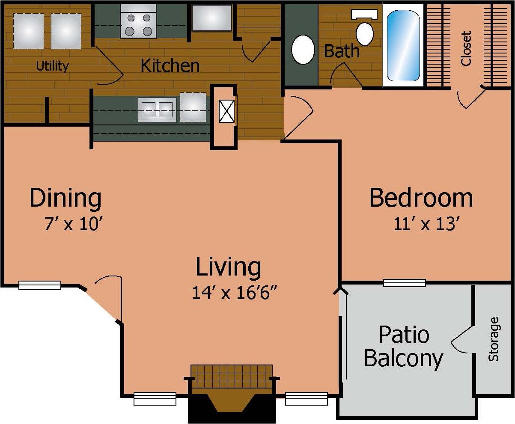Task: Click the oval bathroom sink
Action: click(303, 49)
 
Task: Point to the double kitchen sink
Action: click(157, 110)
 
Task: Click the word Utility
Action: click(52, 66)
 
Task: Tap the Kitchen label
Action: click(170, 65)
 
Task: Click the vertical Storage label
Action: click(494, 338)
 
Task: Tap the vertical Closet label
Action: click(466, 48)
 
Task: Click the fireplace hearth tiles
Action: click(231, 376)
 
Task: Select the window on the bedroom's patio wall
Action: click(404, 283)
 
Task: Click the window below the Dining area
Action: click(40, 285)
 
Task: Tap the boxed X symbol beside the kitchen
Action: click(226, 111)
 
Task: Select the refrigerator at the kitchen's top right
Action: click(211, 18)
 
